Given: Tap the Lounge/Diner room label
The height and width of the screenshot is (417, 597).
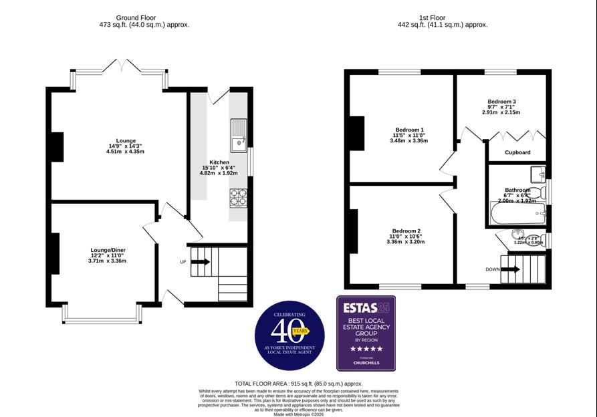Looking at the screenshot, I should (108, 250).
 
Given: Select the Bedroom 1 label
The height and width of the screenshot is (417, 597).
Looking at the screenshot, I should (409, 130).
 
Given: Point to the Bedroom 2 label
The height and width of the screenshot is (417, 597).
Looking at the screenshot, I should (406, 231).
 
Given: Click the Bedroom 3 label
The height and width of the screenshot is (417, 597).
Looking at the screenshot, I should (501, 102).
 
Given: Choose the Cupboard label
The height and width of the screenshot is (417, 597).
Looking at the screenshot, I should (517, 152).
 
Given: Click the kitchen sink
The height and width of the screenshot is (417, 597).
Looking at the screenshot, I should (238, 134).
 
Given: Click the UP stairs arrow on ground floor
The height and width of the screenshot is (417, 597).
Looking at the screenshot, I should (200, 262).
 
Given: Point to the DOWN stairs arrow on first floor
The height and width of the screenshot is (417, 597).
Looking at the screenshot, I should (510, 269).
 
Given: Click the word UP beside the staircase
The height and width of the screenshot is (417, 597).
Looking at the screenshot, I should (183, 262).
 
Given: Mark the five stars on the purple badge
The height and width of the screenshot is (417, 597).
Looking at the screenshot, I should (366, 349).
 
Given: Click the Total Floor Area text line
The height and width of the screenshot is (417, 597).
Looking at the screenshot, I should (298, 384).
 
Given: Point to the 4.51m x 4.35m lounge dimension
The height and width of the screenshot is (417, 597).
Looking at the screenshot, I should (125, 152).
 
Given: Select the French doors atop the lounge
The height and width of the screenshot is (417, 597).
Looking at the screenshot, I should (120, 67).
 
